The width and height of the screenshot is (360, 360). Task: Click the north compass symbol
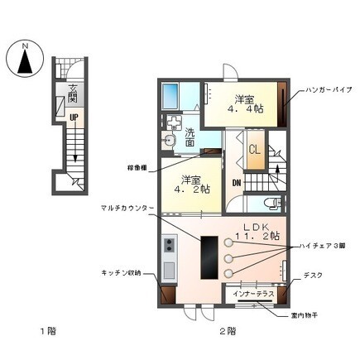(26, 60)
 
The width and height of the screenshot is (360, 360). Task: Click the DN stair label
(236, 183)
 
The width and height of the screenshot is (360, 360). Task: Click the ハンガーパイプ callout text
(329, 88)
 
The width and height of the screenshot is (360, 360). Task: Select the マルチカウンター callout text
(125, 209)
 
